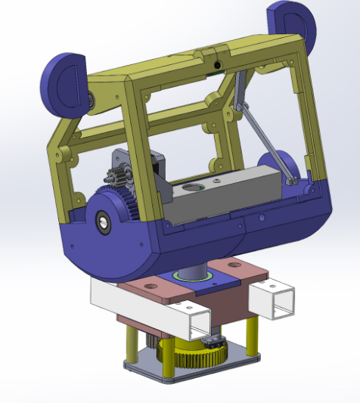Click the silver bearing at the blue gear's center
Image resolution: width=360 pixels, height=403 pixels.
pos(102,222)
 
